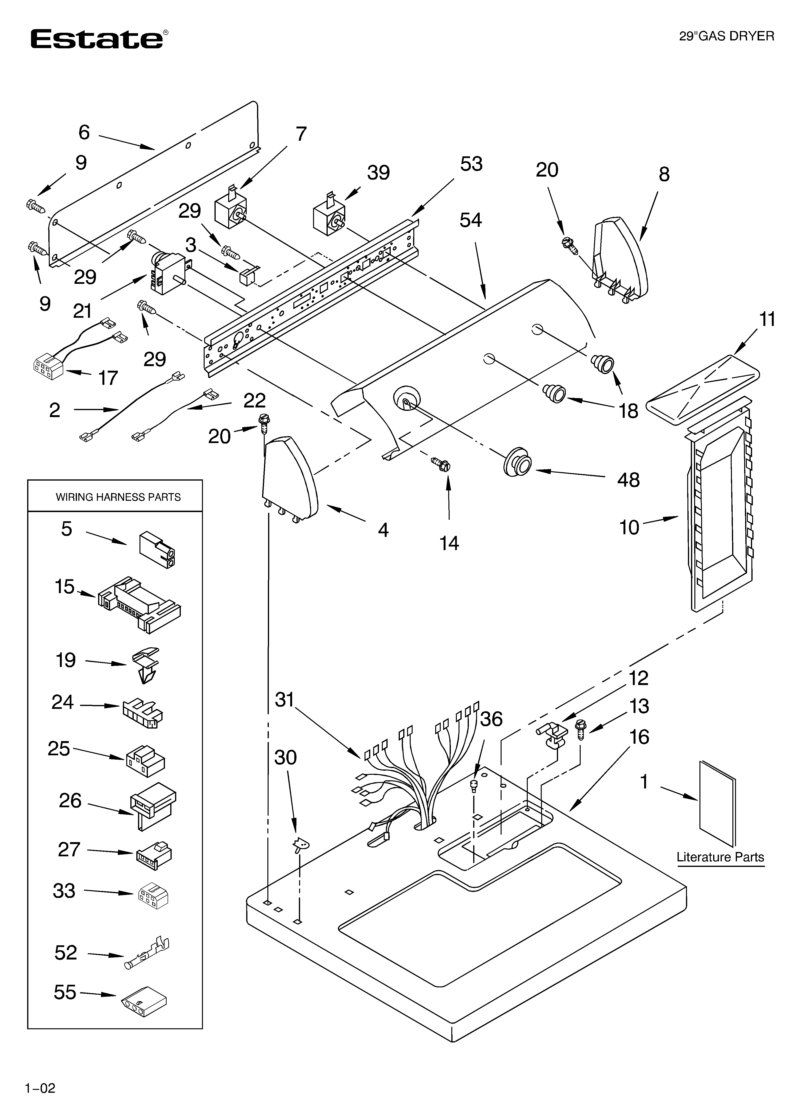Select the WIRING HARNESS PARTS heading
pyautogui.click(x=118, y=497)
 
